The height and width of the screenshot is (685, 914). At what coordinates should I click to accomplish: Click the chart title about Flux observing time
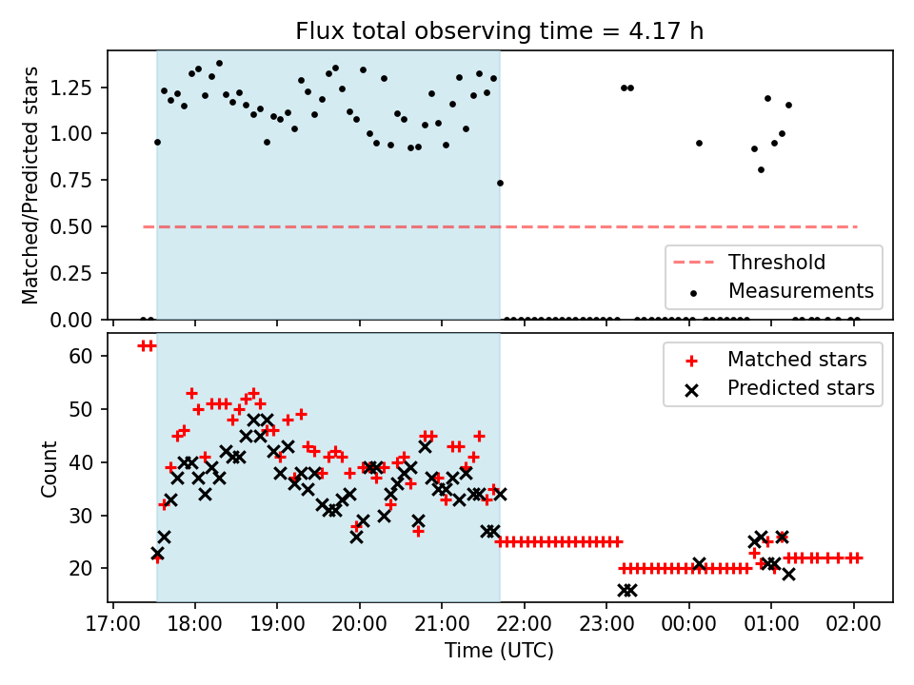[500, 31]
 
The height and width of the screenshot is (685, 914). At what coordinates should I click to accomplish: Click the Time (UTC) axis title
[499, 652]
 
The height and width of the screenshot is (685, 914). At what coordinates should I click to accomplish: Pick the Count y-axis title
[50, 468]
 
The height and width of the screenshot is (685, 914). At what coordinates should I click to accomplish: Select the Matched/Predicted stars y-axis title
[30, 185]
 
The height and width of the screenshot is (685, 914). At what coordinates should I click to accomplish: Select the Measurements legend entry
[801, 290]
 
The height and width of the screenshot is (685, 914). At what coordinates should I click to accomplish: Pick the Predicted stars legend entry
[801, 387]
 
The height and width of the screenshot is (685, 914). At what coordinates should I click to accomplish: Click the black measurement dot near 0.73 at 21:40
[500, 183]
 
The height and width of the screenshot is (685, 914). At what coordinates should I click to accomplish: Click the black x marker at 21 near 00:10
[699, 563]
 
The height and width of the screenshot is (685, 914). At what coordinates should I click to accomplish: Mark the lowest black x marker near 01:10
[788, 574]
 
